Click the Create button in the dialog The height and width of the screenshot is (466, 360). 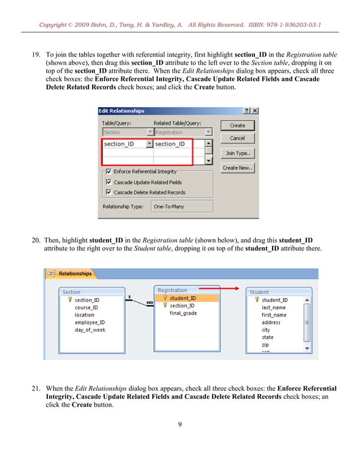[238, 125]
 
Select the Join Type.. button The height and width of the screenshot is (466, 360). [238, 153]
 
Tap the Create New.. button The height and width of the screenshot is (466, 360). [238, 168]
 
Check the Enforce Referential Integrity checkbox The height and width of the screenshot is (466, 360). [108, 172]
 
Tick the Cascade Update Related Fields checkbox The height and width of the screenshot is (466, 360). [108, 182]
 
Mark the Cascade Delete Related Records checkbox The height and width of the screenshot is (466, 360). [108, 192]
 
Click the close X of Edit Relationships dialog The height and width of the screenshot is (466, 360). [255, 111]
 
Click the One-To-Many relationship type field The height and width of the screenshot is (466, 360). [182, 206]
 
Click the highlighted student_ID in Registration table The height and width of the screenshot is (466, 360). [183, 298]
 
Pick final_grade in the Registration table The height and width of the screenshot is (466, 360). [183, 313]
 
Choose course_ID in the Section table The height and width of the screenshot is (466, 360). [86, 307]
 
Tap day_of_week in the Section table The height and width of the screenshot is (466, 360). [90, 329]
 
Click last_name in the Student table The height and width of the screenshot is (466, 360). [273, 307]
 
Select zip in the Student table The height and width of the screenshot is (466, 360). [265, 345]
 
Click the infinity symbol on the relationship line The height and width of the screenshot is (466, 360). [150, 303]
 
